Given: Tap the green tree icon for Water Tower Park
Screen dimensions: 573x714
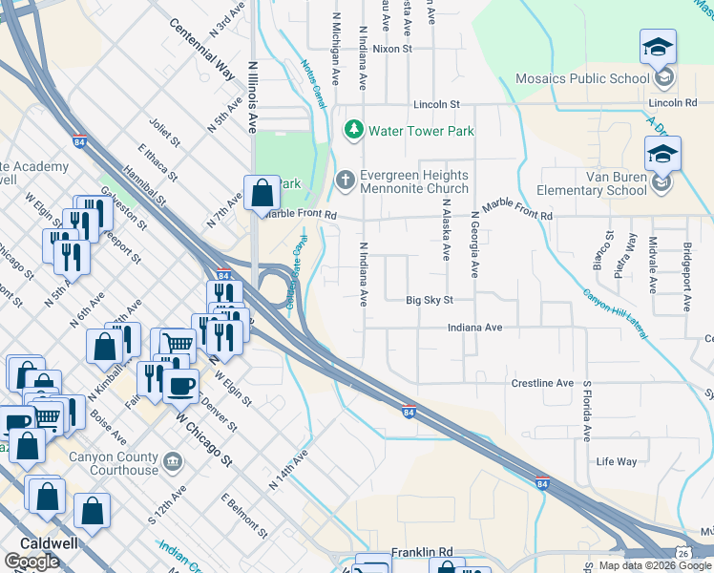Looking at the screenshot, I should (353, 129).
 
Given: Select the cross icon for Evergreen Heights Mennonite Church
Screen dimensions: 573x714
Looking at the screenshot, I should (346, 179).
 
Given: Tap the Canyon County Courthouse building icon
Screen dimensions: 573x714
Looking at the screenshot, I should (172, 463).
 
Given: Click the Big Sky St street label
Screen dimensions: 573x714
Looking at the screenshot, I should (429, 300).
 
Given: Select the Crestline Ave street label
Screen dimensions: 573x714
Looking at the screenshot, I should (542, 383).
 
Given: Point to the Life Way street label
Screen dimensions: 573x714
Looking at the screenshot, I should (616, 462).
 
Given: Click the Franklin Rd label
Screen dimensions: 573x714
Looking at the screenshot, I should (420, 553).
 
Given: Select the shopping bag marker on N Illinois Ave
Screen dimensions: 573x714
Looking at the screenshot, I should (261, 194).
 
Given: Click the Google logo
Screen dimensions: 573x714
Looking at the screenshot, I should (31, 562).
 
